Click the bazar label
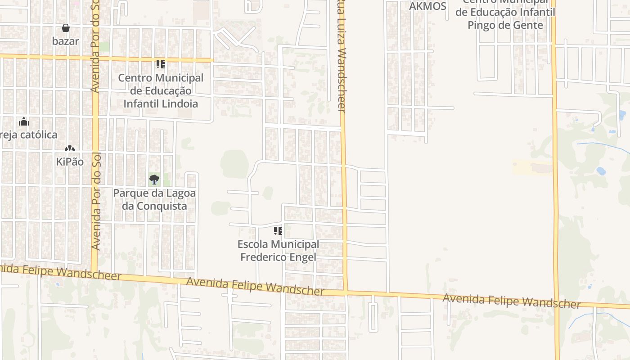[x=66, y=41]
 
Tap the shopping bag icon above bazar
[x=66, y=28]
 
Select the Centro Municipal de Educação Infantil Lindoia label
[x=161, y=90]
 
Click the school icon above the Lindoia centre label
[x=161, y=64]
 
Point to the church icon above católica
[x=24, y=121]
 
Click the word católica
[x=37, y=135]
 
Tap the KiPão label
[x=70, y=162]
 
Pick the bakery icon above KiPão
[x=69, y=148]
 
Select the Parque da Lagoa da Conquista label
[x=154, y=199]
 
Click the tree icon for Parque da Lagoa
[x=154, y=180]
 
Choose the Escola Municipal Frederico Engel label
[x=278, y=251]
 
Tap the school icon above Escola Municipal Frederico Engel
[x=278, y=231]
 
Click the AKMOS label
[x=427, y=6]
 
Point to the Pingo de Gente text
[x=505, y=25]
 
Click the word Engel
[x=306, y=257]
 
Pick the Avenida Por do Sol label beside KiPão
[x=95, y=202]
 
